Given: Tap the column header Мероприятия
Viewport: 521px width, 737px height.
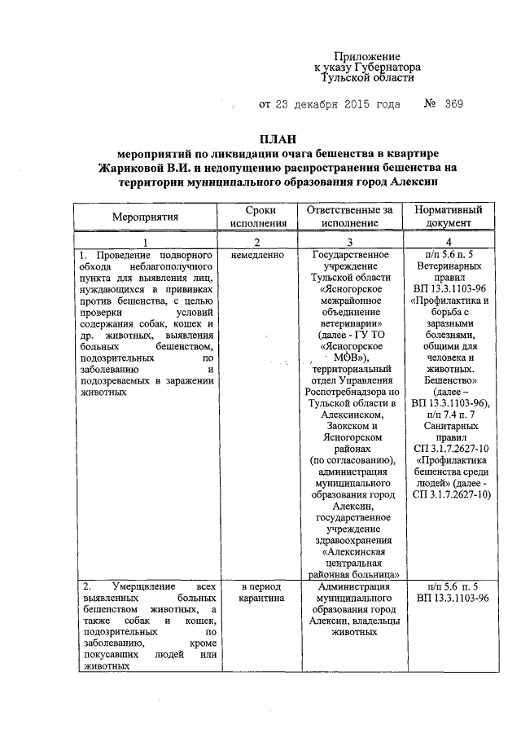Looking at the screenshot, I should tap(146, 217).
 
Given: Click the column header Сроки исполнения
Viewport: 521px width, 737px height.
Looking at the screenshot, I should tap(258, 217).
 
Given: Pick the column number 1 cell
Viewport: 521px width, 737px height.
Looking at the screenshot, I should tap(146, 243).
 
